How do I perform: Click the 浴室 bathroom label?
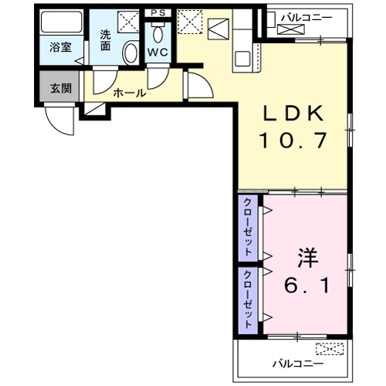tap(60, 47)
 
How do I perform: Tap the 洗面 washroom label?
tap(105, 40)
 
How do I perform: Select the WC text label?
tap(158, 52)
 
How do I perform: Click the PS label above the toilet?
tap(158, 13)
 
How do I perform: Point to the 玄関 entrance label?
tap(61, 87)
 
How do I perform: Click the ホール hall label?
tap(129, 93)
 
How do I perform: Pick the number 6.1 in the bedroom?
tap(306, 286)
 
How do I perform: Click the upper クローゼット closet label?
tap(248, 227)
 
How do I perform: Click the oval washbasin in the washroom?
tap(130, 52)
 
